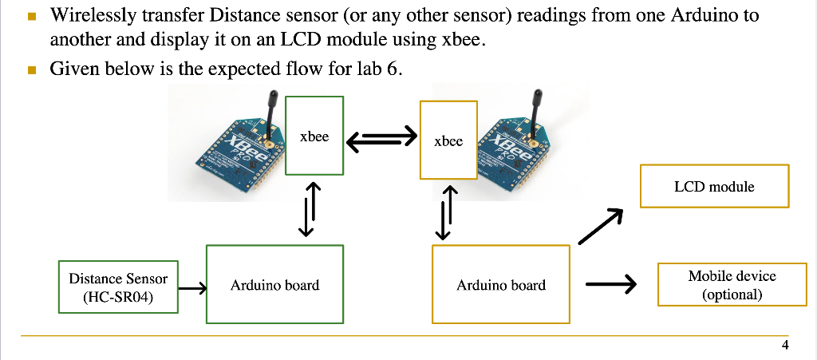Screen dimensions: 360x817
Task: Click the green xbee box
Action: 314,136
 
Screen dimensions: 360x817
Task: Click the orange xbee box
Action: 448,140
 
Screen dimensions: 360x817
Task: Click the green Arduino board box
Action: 275,284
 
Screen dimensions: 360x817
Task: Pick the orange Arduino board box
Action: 501,284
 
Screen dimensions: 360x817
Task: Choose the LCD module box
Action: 714,186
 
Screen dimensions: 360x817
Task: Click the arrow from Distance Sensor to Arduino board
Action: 192,288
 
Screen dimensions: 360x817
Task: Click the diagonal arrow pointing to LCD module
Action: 599,227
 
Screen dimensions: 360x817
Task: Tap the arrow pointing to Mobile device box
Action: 610,283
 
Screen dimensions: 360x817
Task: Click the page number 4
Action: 785,345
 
